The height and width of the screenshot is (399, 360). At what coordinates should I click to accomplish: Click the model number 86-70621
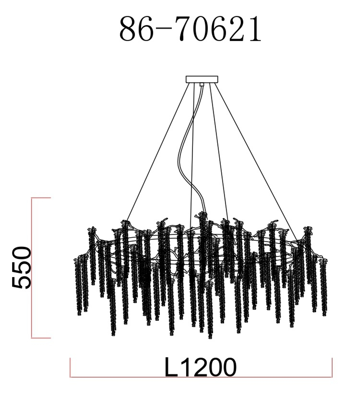click(x=190, y=28)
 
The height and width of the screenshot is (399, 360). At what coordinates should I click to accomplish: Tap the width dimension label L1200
click(x=201, y=367)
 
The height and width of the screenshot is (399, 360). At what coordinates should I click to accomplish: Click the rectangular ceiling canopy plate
click(x=202, y=79)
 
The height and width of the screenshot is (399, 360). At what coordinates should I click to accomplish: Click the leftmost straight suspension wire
click(x=158, y=152)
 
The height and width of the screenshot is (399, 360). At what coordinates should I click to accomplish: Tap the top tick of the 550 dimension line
click(x=41, y=198)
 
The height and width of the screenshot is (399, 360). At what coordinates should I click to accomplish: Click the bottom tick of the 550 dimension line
click(x=41, y=338)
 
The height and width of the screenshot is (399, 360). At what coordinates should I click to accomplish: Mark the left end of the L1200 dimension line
click(x=70, y=377)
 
